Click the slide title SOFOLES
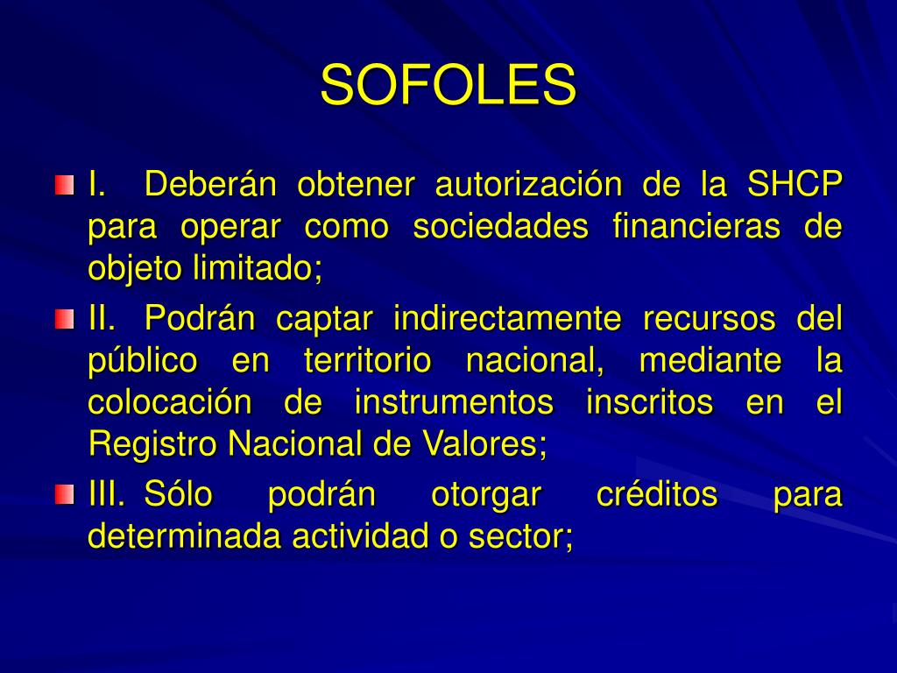[x=448, y=85]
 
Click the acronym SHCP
[x=794, y=185]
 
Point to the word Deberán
[x=209, y=185]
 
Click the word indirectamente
[x=506, y=318]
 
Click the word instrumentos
[x=454, y=403]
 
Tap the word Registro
[x=154, y=445]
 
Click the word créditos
[x=657, y=495]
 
